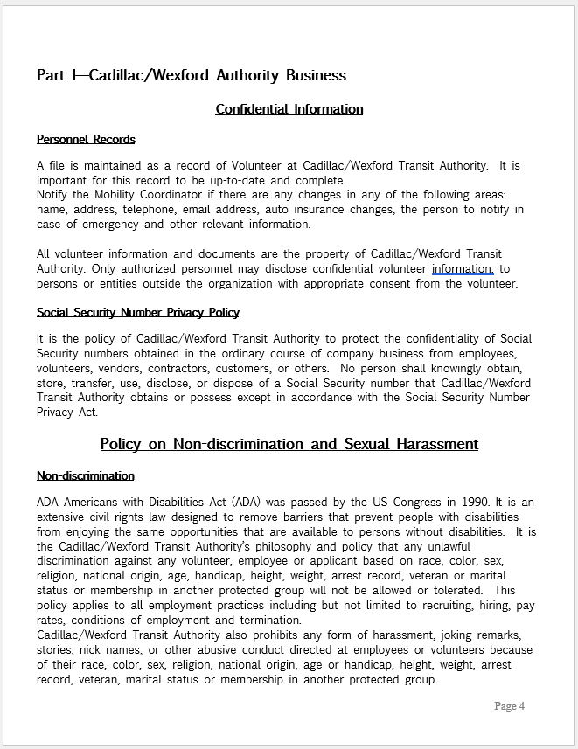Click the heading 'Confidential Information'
tap(289, 109)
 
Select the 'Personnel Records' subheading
tap(86, 139)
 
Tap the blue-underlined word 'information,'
tap(463, 269)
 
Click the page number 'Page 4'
tap(509, 705)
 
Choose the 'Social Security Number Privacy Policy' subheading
tap(137, 312)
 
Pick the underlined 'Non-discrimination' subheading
tap(86, 475)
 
